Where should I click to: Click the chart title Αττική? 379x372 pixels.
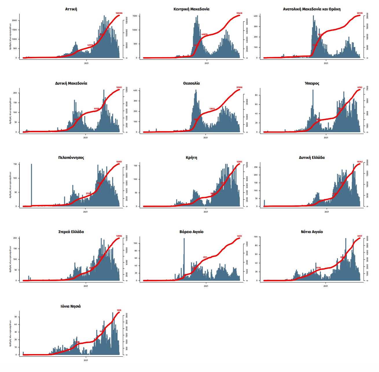(71, 9)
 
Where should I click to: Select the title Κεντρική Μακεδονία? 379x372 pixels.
(191, 9)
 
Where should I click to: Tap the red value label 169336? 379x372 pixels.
(119, 13)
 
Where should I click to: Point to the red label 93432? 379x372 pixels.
(239, 13)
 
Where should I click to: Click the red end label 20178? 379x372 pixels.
(360, 13)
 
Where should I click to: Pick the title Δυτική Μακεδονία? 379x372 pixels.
(71, 83)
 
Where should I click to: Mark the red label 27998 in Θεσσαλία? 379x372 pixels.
(239, 88)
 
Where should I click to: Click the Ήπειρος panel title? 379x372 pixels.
(312, 83)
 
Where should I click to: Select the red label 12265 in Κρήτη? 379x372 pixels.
(239, 162)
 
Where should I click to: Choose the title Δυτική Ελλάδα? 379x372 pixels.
(312, 158)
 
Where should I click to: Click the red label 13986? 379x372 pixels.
(119, 236)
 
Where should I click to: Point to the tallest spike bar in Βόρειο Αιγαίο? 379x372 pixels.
(184, 257)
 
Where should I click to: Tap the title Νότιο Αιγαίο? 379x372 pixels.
(312, 232)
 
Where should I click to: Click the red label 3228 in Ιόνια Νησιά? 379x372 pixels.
(119, 310)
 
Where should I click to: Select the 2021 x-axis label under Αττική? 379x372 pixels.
(86, 63)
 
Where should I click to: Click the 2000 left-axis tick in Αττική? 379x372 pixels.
(14, 21)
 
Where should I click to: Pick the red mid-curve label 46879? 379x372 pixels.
(204, 34)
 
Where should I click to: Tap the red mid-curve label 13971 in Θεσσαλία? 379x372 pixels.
(212, 109)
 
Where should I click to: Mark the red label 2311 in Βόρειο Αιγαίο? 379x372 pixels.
(205, 257)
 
